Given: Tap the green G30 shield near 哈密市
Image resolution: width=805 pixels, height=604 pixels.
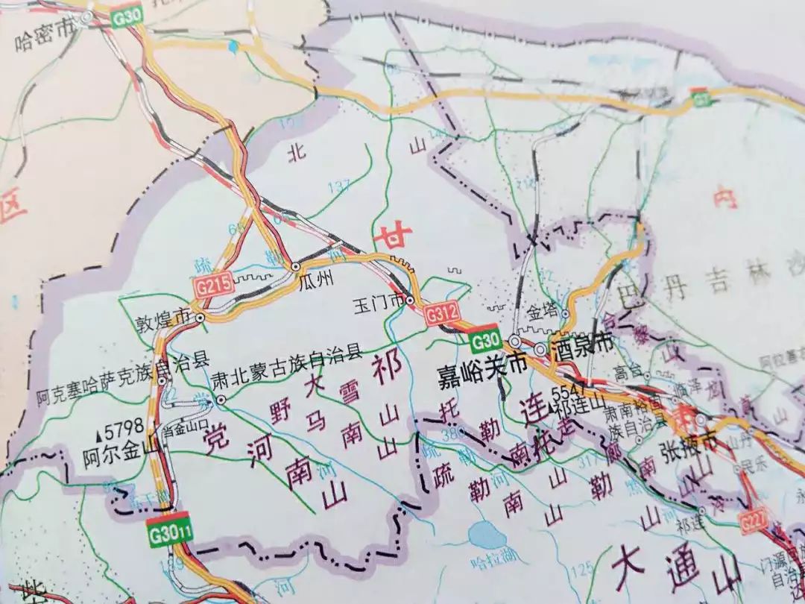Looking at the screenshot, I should tap(126, 16).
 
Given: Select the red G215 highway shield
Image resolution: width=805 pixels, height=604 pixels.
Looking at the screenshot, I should tap(211, 284).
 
